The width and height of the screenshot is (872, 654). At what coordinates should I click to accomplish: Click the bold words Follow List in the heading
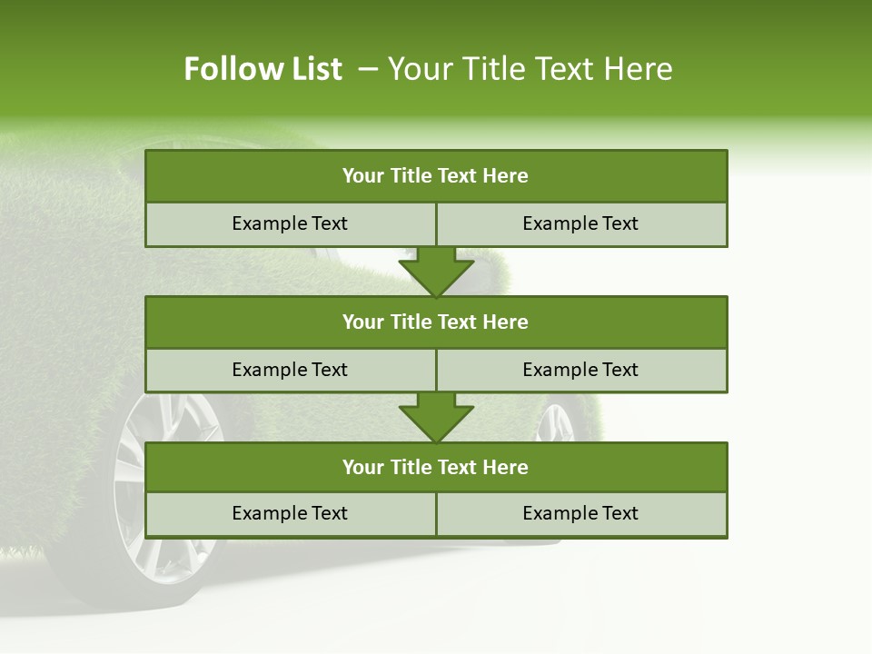(x=263, y=69)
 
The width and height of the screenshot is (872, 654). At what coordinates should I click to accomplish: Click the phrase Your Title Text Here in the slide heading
(x=530, y=69)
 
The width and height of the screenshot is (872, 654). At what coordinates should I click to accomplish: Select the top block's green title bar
(x=436, y=176)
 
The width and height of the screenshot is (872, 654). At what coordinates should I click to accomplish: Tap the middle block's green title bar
(x=436, y=322)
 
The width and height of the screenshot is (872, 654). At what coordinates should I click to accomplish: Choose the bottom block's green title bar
(x=436, y=468)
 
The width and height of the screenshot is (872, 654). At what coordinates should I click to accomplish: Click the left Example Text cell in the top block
(x=290, y=224)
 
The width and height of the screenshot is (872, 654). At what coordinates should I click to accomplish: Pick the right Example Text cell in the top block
(x=581, y=224)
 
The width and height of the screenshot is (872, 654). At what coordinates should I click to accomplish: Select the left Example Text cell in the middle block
(x=290, y=371)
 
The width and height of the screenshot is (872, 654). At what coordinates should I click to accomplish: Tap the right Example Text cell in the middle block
(x=581, y=371)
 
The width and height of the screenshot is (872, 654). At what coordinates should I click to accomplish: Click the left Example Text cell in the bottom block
(x=290, y=514)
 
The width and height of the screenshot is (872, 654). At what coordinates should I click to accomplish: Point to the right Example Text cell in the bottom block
(x=581, y=514)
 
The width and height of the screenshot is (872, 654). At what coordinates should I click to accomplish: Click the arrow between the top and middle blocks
(x=436, y=272)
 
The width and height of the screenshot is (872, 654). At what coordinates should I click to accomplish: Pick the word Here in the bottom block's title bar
(x=506, y=468)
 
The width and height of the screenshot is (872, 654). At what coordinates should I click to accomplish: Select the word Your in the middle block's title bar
(x=363, y=322)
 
